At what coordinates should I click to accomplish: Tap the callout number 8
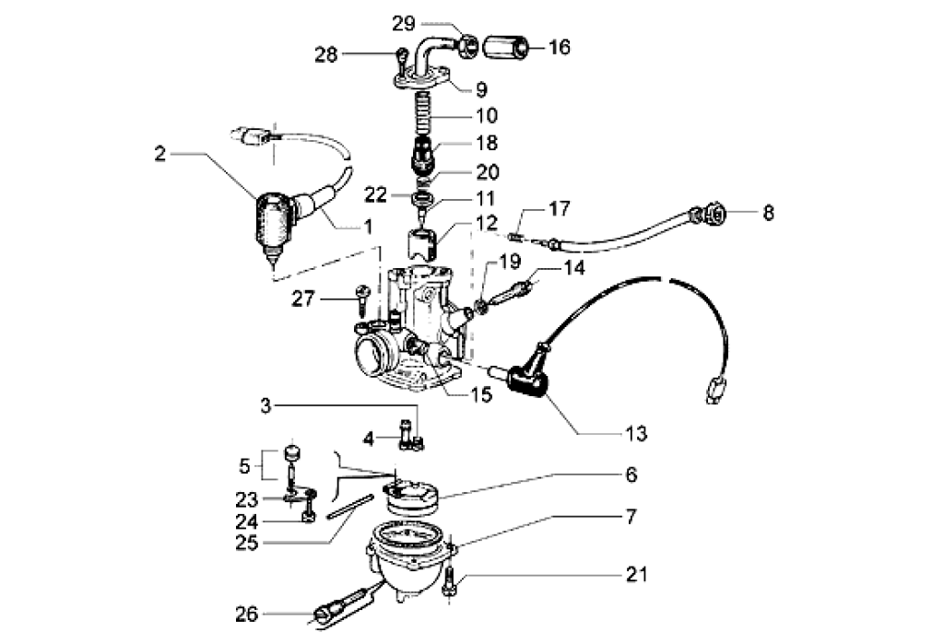pyautogui.click(x=768, y=214)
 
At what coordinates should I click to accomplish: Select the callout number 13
pyautogui.click(x=635, y=433)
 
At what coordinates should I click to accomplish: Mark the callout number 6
pyautogui.click(x=631, y=475)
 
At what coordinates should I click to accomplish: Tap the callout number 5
pyautogui.click(x=244, y=464)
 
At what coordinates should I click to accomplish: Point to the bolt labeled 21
pyautogui.click(x=449, y=584)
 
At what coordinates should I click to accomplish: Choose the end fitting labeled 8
pyautogui.click(x=715, y=217)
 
